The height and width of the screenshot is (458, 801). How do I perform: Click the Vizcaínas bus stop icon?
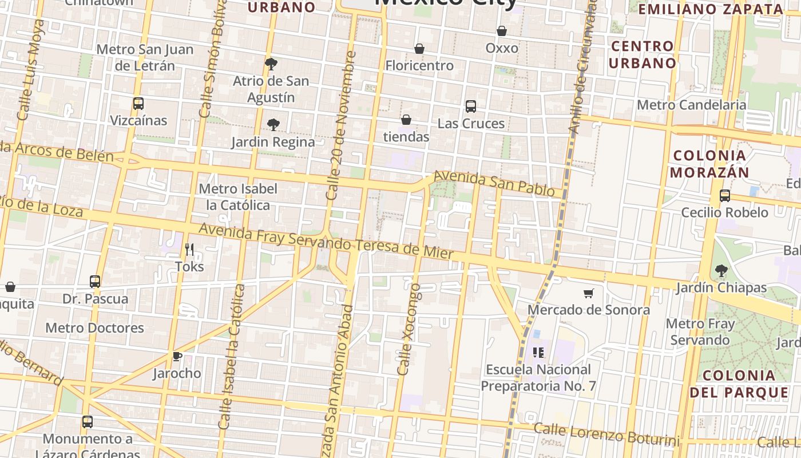pos(138,104)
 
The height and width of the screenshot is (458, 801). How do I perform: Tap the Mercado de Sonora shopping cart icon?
pos(589,294)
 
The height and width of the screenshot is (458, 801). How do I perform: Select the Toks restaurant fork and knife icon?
pos(189,250)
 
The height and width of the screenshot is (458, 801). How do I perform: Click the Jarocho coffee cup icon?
pos(177,357)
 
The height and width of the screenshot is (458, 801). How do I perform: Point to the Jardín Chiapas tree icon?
pos(721,270)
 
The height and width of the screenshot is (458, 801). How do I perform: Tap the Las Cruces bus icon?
pos(470,106)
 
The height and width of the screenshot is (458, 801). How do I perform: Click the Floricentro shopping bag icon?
pos(419,49)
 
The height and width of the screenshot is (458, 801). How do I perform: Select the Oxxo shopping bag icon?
pos(502,31)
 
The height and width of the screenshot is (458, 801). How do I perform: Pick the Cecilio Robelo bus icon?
pos(724,196)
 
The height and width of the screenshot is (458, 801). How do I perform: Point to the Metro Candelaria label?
pos(691,105)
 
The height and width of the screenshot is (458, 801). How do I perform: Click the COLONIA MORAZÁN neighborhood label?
pos(709,164)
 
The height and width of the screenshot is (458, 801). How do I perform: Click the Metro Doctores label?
pos(94,328)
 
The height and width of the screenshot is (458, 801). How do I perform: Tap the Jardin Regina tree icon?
pos(273,125)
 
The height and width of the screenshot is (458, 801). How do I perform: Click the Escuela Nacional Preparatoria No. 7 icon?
pos(538,353)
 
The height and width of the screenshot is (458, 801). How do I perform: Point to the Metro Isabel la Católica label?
pos(238,196)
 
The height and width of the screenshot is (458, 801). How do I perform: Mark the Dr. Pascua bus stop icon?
pos(95,282)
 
